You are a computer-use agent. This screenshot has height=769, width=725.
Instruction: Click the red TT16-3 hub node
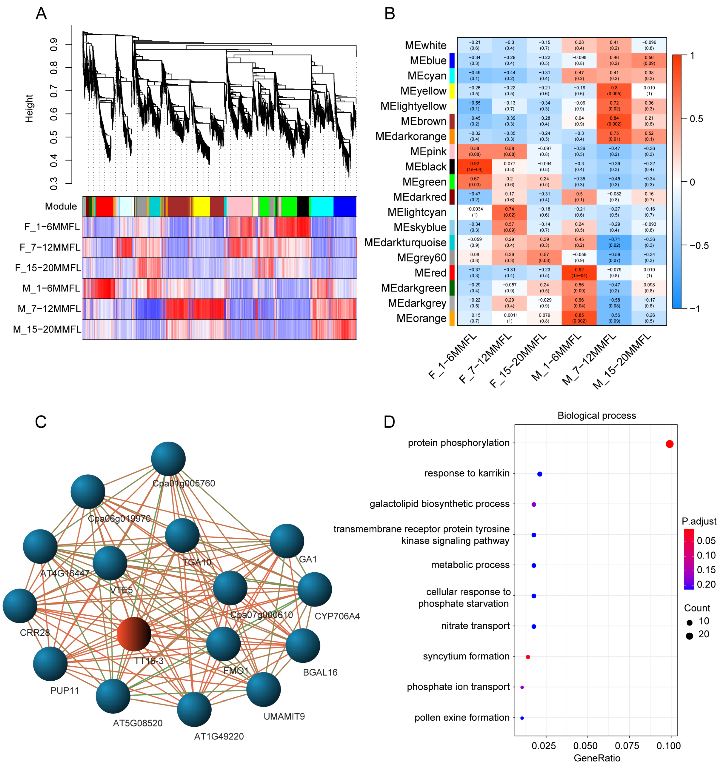[x=134, y=634]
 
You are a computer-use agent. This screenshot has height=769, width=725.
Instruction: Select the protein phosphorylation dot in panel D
[x=669, y=444]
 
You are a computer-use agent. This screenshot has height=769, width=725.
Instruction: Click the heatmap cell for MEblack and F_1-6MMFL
[x=474, y=167]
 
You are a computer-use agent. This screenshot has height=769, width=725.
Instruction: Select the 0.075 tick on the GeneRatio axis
[x=628, y=745]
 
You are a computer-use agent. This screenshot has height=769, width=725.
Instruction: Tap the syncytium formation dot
[x=528, y=657]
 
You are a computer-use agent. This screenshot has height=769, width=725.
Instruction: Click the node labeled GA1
[x=286, y=541]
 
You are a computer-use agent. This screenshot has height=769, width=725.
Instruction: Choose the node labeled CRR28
[x=20, y=606]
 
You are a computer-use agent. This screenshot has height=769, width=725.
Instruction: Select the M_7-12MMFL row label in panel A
[x=49, y=309]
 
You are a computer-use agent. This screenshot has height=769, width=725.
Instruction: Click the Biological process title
[x=596, y=416]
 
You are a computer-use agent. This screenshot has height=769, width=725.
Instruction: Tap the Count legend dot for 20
[x=689, y=636]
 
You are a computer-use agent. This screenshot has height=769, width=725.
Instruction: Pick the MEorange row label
[x=422, y=318]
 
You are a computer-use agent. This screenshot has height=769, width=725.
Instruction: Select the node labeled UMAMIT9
[x=263, y=689]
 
